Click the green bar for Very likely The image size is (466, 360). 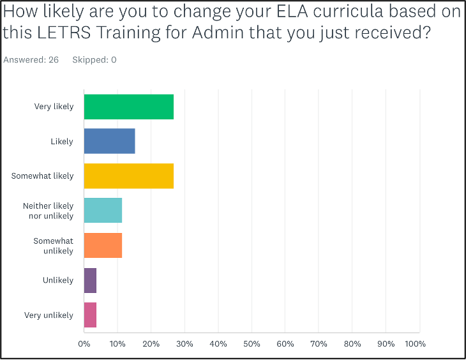128,107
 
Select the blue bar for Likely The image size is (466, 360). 109,141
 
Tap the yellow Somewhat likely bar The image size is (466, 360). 128,176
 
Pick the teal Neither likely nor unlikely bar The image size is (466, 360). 103,211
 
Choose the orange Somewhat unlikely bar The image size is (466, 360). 103,246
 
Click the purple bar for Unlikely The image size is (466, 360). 90,280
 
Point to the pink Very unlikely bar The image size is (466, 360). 90,315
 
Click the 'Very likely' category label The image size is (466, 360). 54,107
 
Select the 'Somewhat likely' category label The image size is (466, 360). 42,176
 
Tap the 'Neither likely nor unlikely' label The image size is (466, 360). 48,211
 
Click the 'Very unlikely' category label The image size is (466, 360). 49,315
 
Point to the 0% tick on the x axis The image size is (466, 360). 84,344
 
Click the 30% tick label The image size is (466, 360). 184,344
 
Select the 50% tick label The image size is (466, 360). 252,344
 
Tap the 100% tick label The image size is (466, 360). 415,344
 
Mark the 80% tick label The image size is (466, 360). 352,344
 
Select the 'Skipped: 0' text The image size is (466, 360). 95,60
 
